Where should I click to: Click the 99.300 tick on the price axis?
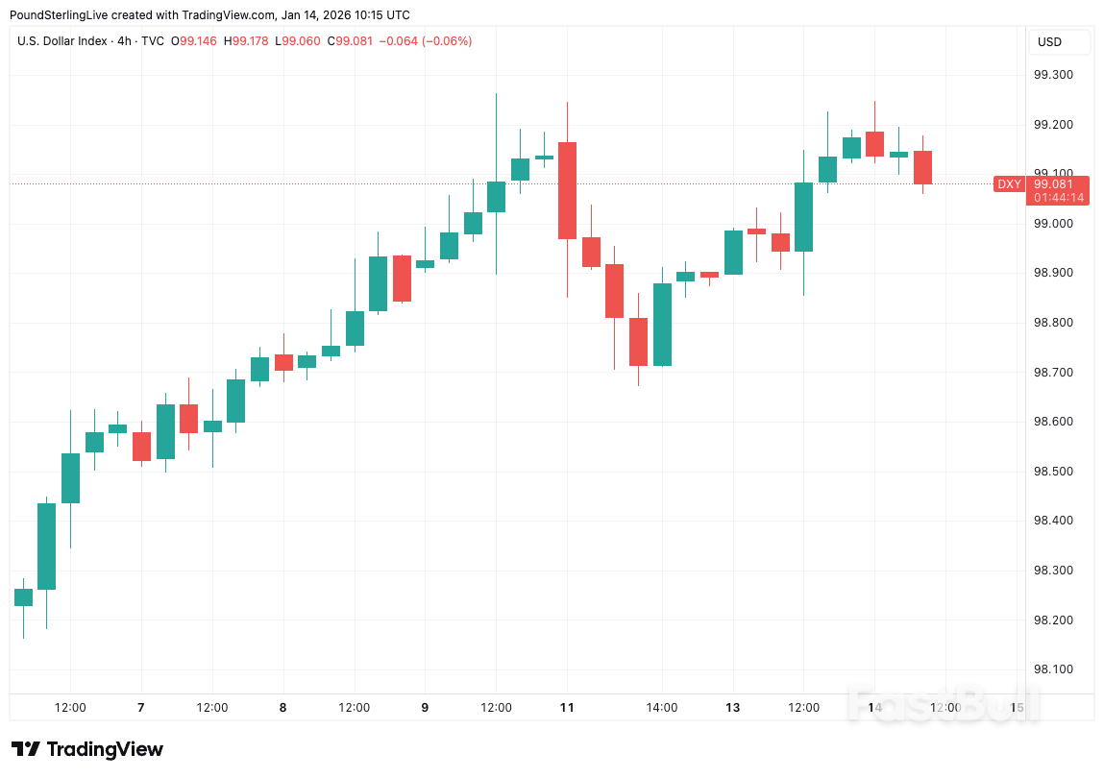point(1052,75)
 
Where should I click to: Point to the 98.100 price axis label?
point(1052,669)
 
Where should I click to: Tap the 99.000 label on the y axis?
point(1052,224)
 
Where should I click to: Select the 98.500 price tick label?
point(1052,472)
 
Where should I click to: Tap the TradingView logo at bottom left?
point(87,749)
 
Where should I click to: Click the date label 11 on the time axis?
point(567,708)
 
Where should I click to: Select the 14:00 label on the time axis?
point(661,708)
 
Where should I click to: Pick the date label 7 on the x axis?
point(141,708)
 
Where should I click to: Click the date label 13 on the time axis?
point(732,708)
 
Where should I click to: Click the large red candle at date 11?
point(567,190)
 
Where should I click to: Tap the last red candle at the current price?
point(922,167)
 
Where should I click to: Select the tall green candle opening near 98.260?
point(46,546)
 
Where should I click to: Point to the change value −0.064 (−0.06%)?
point(426,41)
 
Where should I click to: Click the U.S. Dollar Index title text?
point(62,41)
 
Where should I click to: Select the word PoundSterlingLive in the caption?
point(57,15)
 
